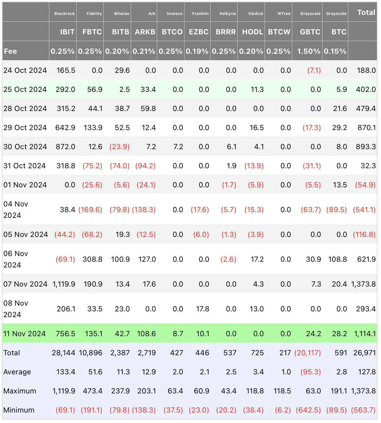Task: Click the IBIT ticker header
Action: [67, 32]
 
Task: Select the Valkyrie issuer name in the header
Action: [227, 14]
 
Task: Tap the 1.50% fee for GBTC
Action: [309, 51]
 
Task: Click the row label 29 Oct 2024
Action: [25, 128]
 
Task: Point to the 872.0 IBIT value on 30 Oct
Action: [66, 147]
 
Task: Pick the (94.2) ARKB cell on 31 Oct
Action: [145, 166]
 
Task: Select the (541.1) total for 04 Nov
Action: [364, 210]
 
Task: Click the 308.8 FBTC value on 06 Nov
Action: [92, 259]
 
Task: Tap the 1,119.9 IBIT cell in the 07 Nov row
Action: [64, 284]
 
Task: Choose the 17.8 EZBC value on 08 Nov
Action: [203, 309]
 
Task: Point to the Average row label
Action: [17, 372]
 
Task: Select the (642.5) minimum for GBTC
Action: [308, 410]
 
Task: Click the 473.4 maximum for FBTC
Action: [93, 391]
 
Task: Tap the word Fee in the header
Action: [10, 51]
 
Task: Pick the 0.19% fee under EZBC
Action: [197, 51]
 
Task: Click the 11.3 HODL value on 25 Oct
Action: [257, 89]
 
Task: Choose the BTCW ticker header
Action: [279, 32]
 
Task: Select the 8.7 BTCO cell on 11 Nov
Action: [178, 334]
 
